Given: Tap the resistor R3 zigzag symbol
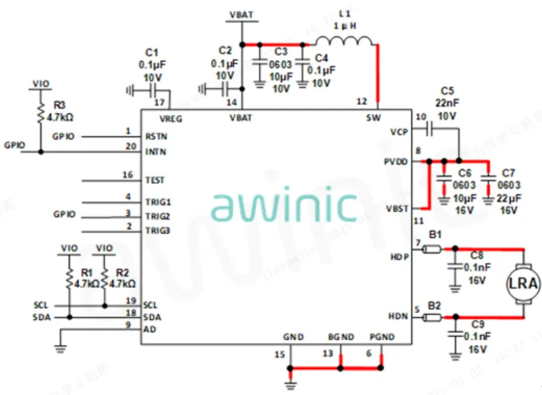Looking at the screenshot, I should tap(41, 112).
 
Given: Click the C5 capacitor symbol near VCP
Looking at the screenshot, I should tap(429, 130).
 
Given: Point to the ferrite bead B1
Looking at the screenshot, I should tap(434, 247).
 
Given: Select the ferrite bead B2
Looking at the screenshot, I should tap(434, 318).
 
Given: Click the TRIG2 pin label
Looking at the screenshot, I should tap(157, 216).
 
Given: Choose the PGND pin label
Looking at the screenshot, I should tap(382, 338).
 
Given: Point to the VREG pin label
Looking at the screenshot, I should tap(171, 118).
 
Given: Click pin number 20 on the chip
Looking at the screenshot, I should tap(128, 146).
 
